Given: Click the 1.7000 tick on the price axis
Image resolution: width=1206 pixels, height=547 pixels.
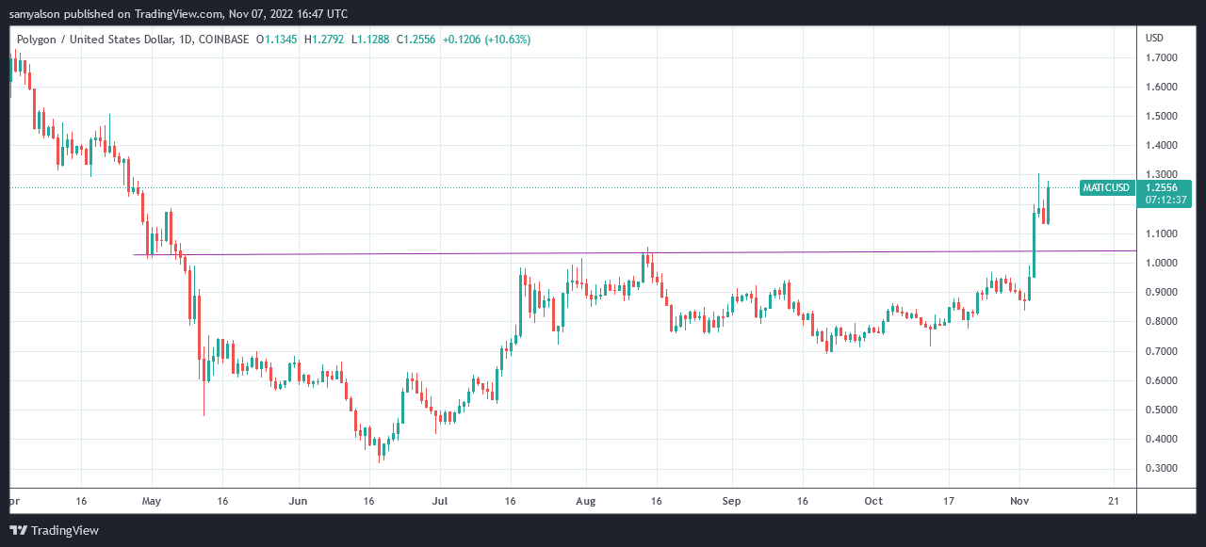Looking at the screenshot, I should pyautogui.click(x=1161, y=57).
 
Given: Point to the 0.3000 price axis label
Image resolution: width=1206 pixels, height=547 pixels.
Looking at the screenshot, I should pyautogui.click(x=1161, y=469).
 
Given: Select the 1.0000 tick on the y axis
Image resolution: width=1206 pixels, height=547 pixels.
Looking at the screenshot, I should pyautogui.click(x=1161, y=263).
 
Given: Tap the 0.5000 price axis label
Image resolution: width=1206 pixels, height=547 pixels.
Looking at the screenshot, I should pyautogui.click(x=1161, y=410).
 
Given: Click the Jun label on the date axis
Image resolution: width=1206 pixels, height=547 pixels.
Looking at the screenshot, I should pyautogui.click(x=298, y=501).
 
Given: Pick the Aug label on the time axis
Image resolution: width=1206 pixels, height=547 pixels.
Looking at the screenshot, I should pyautogui.click(x=586, y=501).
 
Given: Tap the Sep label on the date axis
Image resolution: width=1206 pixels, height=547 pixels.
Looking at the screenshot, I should pyautogui.click(x=731, y=501).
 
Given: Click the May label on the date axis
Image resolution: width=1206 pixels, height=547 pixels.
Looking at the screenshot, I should pyautogui.click(x=152, y=501).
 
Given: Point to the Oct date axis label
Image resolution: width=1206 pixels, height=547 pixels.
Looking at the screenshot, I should pyautogui.click(x=873, y=501).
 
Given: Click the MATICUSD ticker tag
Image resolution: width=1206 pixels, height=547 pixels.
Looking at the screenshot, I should pyautogui.click(x=1106, y=187).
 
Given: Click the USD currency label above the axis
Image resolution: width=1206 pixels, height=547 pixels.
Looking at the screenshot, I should pyautogui.click(x=1154, y=38).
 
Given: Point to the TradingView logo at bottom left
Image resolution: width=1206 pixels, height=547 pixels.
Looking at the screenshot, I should pyautogui.click(x=55, y=530).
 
